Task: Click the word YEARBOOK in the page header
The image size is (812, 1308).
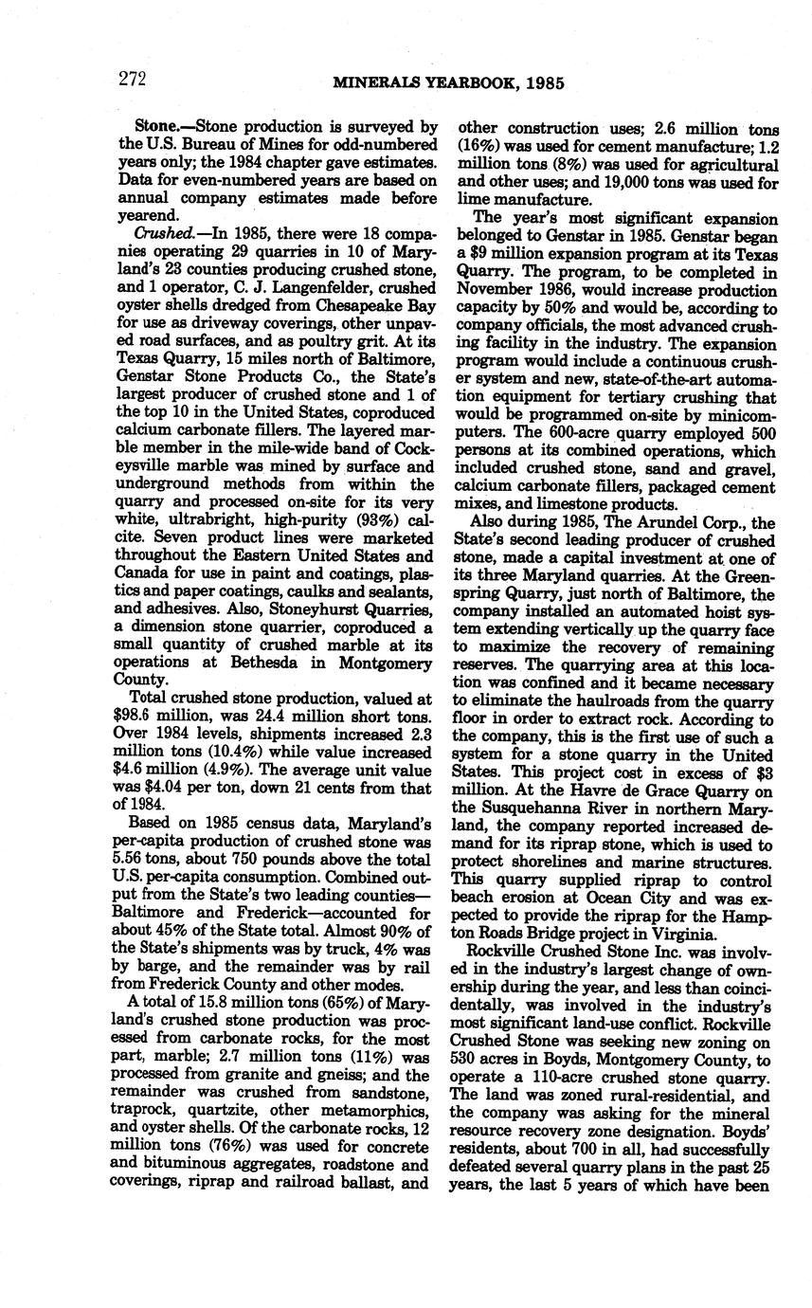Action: click(x=448, y=83)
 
